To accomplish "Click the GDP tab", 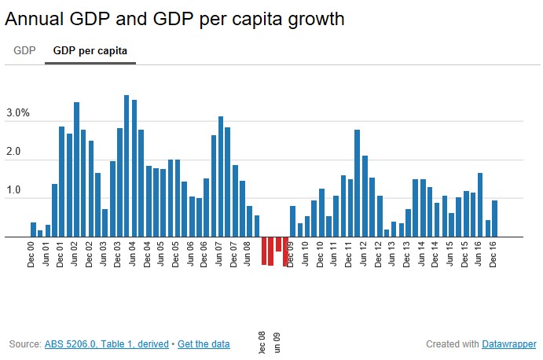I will pyautogui.click(x=24, y=51).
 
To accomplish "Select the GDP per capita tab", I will pyautogui.click(x=90, y=51).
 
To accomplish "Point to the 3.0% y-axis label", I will pyautogui.click(x=17, y=113).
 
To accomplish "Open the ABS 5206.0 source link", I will pyautogui.click(x=108, y=344).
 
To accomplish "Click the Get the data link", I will pyautogui.click(x=204, y=344).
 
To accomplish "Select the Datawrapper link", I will pyautogui.click(x=508, y=344).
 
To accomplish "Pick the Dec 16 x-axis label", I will pyautogui.click(x=494, y=253).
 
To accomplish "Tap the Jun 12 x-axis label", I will pyautogui.click(x=365, y=253).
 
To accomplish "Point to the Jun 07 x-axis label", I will pyautogui.click(x=221, y=253).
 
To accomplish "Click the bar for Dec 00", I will pyautogui.click(x=33, y=230).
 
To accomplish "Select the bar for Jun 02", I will pyautogui.click(x=76, y=169).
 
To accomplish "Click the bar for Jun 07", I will pyautogui.click(x=221, y=176).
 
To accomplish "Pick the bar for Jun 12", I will pyautogui.click(x=365, y=196).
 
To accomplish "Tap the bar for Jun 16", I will pyautogui.click(x=480, y=204).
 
